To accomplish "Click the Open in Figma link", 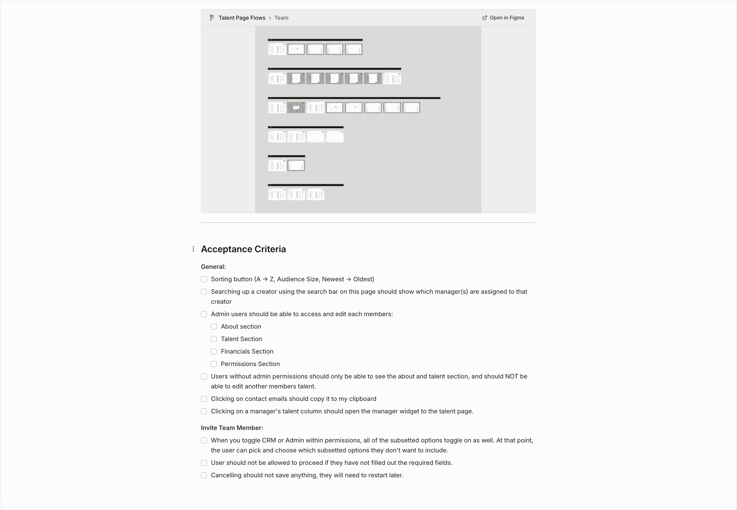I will point(506,18).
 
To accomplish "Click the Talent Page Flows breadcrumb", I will point(242,18).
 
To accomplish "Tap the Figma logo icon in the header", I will point(212,18).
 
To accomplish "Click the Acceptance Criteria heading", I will point(243,249).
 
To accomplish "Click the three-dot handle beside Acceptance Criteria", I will point(193,249).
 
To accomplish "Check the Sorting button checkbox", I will point(204,279).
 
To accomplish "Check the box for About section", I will point(214,327).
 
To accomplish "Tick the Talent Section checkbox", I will point(214,339).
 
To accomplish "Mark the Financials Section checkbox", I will point(214,352).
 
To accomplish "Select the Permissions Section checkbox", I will point(214,364).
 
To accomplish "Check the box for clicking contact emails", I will point(204,399).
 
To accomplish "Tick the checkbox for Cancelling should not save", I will point(204,475).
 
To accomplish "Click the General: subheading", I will point(213,267).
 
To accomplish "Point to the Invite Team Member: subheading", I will point(232,428).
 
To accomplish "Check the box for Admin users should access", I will point(204,314).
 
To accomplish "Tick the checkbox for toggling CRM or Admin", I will point(204,440).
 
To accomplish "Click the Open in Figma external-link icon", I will point(485,18).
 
